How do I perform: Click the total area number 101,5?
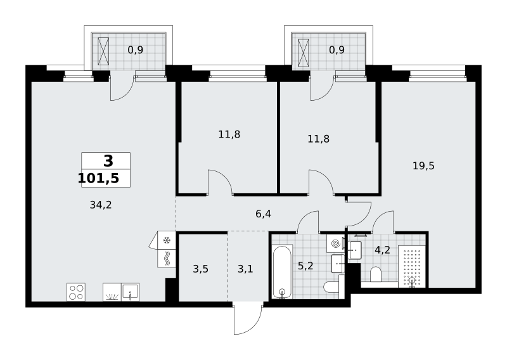pyautogui.click(x=99, y=178)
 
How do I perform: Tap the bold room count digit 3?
pyautogui.click(x=108, y=161)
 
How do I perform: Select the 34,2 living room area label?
pyautogui.click(x=101, y=205)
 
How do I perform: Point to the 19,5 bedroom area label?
pyautogui.click(x=423, y=166)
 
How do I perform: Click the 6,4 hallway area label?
pyautogui.click(x=263, y=214)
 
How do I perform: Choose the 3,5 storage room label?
pyautogui.click(x=200, y=269)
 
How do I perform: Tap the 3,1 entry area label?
pyautogui.click(x=245, y=269)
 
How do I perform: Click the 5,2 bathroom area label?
pyautogui.click(x=305, y=266)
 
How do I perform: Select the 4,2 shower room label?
pyautogui.click(x=383, y=250)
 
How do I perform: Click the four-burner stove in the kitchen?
pyautogui.click(x=76, y=292)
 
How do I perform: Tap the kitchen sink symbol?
pyautogui.click(x=131, y=292)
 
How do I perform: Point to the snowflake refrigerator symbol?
pyautogui.click(x=167, y=240)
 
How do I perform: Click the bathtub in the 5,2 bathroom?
pyautogui.click(x=282, y=272)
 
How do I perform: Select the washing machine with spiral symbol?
pyautogui.click(x=335, y=243)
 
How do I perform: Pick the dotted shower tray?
pyautogui.click(x=411, y=266)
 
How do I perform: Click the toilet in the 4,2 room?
pyautogui.click(x=376, y=274)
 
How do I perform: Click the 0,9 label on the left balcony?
pyautogui.click(x=136, y=50)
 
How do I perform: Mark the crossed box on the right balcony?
pyautogui.click(x=304, y=53)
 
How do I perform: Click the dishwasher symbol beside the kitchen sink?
pyautogui.click(x=112, y=292)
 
